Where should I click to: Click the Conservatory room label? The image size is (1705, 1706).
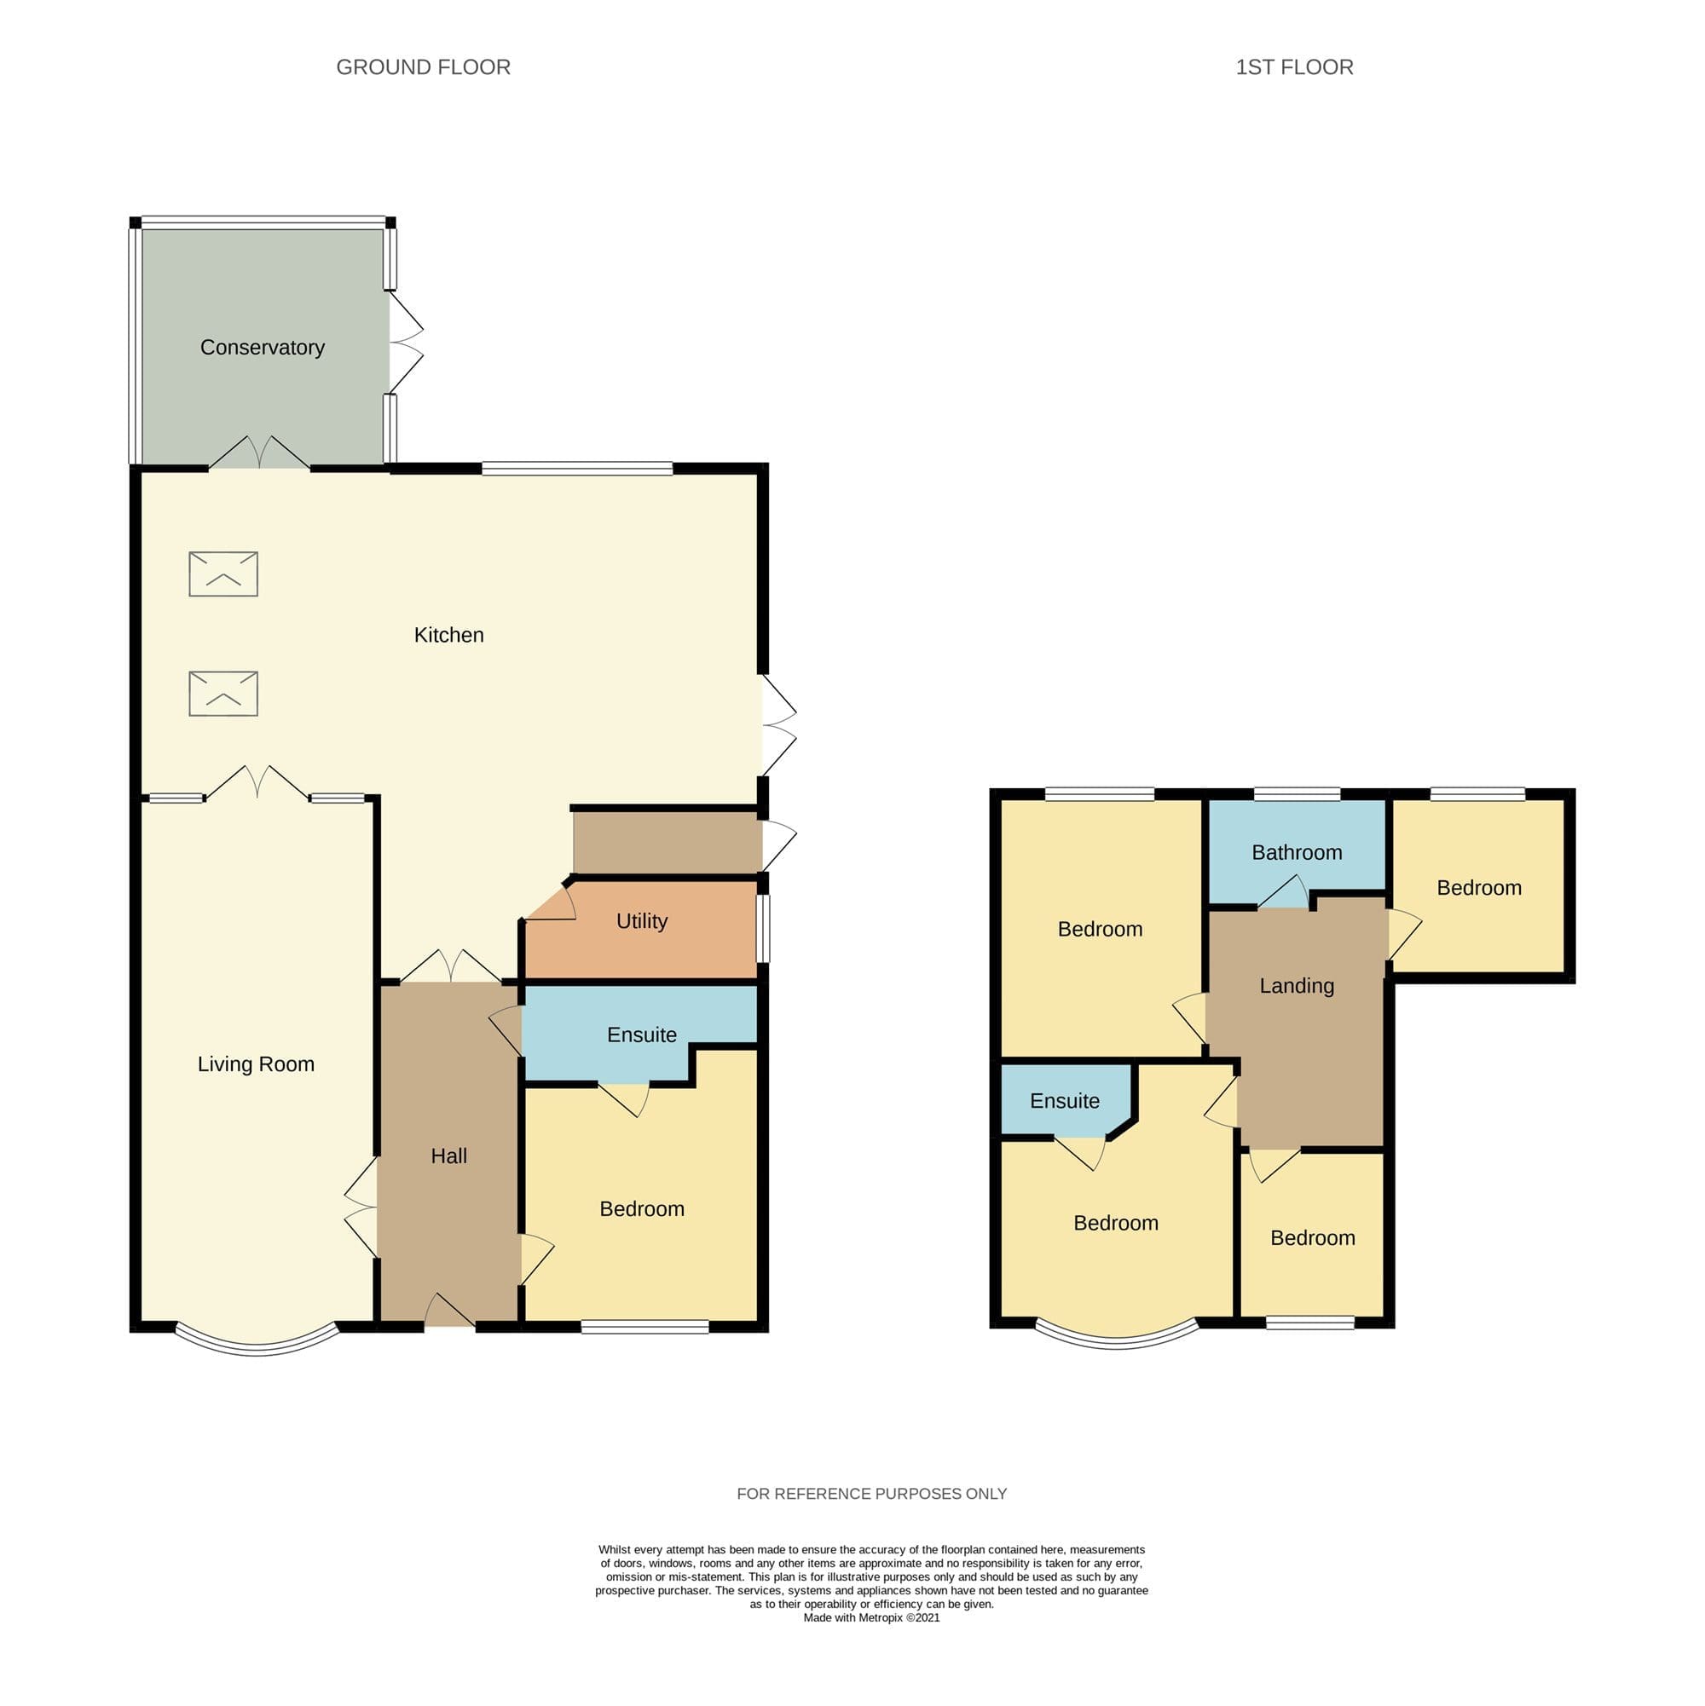point(263,347)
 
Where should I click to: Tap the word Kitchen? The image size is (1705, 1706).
point(448,635)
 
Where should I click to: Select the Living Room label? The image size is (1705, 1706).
point(257,1064)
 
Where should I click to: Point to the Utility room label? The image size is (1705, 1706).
point(641,921)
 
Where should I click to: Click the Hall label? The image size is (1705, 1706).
point(448,1156)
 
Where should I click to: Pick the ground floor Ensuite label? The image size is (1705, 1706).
point(641,1035)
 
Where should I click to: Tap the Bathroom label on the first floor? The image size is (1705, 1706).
point(1296,852)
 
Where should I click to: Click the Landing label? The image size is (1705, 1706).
point(1296,986)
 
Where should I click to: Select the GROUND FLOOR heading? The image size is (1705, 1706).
point(423,67)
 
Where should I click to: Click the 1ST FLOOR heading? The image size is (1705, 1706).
point(1294,67)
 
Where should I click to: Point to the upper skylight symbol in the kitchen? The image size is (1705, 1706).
point(223,574)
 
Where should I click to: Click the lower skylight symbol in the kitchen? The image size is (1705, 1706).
point(223,693)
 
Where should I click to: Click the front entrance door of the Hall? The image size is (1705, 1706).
point(449,1311)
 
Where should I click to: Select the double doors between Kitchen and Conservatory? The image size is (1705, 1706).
point(259,452)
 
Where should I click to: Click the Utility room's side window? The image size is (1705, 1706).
point(763,929)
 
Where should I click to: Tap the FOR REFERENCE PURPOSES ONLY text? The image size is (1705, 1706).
point(871,1493)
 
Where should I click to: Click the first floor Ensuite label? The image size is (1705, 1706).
point(1065,1101)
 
